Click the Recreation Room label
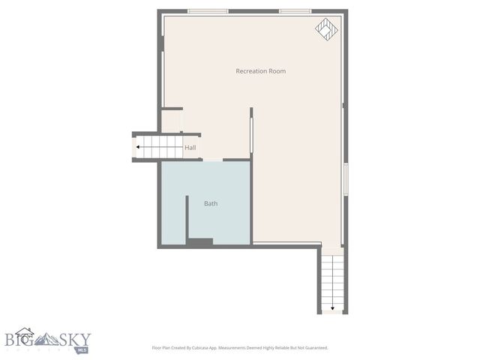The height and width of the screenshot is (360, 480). click(260, 71)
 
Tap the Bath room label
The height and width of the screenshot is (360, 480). click(211, 203)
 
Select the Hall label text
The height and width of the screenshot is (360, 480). click(190, 148)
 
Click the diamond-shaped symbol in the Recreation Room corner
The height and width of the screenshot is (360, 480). click(326, 28)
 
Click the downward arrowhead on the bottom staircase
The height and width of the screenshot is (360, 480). click(332, 307)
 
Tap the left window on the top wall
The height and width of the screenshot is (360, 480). click(208, 11)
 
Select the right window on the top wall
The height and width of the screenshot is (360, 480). click(295, 11)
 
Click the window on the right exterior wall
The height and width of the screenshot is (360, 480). click(345, 180)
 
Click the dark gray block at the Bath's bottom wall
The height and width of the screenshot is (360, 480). click(200, 241)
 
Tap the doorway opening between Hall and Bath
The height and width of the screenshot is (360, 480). click(213, 160)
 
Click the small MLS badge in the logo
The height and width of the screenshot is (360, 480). click(82, 349)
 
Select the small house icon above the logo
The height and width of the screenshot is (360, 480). click(24, 331)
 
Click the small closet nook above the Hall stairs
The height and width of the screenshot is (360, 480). click(171, 121)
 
